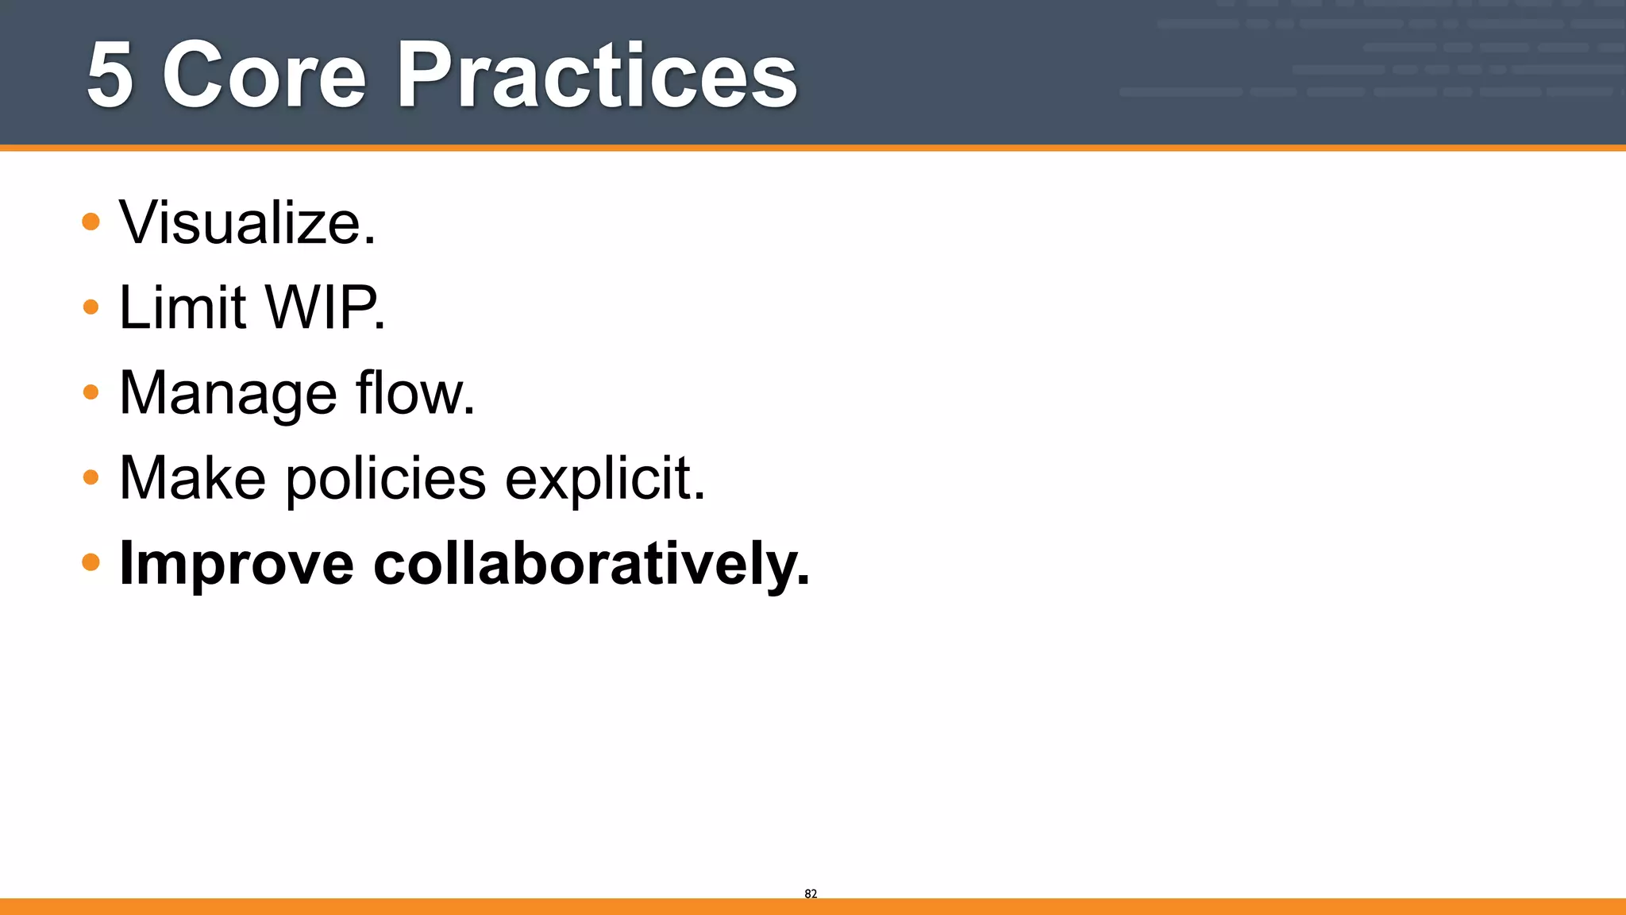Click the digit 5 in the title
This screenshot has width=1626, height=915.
click(110, 75)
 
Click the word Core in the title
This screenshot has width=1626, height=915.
click(264, 75)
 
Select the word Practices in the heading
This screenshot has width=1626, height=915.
click(597, 75)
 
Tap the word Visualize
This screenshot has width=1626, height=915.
click(247, 223)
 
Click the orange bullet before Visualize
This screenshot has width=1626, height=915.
click(91, 222)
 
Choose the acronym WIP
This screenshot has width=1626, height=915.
click(324, 307)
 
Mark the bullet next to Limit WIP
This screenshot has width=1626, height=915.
click(91, 307)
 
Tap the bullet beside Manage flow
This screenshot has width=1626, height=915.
click(91, 392)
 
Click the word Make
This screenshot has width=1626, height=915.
click(192, 478)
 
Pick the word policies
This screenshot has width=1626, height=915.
click(386, 480)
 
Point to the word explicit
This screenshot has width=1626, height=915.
click(604, 480)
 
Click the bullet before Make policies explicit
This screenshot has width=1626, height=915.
click(91, 477)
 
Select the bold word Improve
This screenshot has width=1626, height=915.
click(236, 565)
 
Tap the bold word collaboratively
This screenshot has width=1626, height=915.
click(591, 563)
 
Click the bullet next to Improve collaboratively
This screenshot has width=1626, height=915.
click(91, 562)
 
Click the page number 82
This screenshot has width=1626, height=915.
click(811, 894)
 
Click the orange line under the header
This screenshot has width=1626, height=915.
click(813, 148)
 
